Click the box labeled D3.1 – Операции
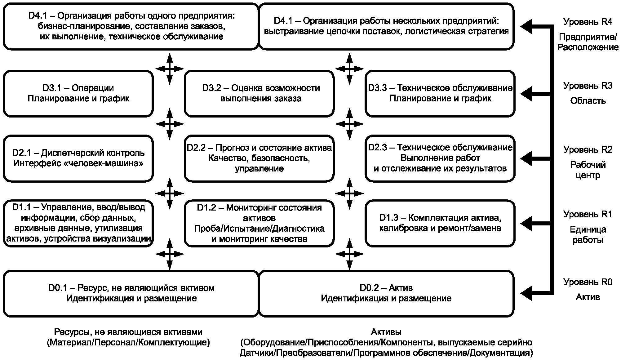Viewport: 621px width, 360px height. [x=78, y=93]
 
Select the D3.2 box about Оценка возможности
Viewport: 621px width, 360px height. [x=259, y=93]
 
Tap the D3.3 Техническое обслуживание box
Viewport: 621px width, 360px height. [x=440, y=93]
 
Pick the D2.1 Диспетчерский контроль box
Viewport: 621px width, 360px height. [x=78, y=158]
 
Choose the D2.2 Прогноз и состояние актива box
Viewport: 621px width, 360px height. [x=259, y=158]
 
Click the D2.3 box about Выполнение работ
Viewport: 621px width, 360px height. [x=440, y=158]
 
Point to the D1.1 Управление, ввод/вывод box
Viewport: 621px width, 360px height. [x=78, y=223]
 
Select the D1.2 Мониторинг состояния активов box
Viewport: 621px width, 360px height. [x=259, y=223]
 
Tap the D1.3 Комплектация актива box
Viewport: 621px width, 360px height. [x=440, y=223]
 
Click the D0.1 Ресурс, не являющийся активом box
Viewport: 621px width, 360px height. [x=131, y=293]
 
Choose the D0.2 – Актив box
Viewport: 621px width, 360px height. [x=386, y=293]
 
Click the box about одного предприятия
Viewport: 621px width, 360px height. [x=131, y=26]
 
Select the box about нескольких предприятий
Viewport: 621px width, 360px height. [x=386, y=26]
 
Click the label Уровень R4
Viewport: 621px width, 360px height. [x=588, y=22]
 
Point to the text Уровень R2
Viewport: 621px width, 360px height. [x=588, y=149]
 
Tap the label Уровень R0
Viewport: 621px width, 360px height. [x=588, y=282]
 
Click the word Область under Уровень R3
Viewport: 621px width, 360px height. [x=588, y=101]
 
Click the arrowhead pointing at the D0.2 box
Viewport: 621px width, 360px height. [x=526, y=293]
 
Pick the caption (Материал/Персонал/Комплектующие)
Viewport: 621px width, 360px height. [x=128, y=343]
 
